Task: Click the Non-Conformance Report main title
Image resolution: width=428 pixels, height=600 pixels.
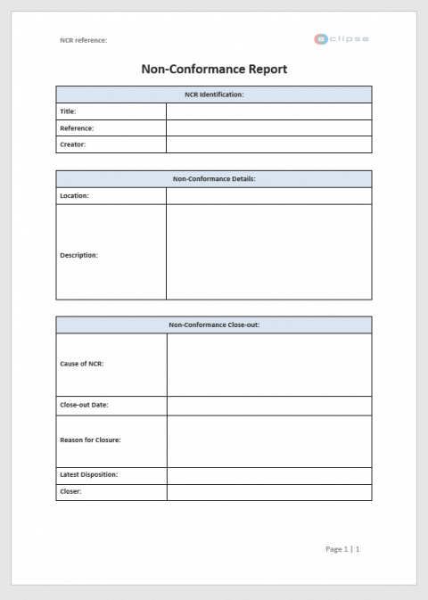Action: pyautogui.click(x=214, y=69)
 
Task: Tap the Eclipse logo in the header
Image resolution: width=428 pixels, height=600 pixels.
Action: pyautogui.click(x=341, y=39)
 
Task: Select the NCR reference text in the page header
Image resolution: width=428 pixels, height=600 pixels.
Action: pyautogui.click(x=83, y=40)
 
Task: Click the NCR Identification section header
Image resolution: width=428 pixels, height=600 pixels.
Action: pyautogui.click(x=214, y=94)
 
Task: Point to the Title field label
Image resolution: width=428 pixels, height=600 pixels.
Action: pyautogui.click(x=68, y=111)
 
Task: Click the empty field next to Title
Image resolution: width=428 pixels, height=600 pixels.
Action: pyautogui.click(x=268, y=111)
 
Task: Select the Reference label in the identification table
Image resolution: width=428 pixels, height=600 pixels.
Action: pyautogui.click(x=77, y=127)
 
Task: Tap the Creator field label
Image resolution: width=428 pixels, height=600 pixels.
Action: pyautogui.click(x=73, y=144)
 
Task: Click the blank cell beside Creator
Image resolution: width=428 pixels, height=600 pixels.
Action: pyautogui.click(x=268, y=144)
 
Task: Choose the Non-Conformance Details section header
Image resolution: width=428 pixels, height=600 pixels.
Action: pyautogui.click(x=214, y=178)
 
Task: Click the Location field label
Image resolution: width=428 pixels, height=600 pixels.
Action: pyautogui.click(x=74, y=195)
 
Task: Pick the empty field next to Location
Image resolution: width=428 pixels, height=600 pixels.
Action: pyautogui.click(x=268, y=195)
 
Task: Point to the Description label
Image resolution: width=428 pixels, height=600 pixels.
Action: pyautogui.click(x=78, y=255)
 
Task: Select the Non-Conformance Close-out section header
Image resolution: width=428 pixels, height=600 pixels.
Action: pyautogui.click(x=214, y=325)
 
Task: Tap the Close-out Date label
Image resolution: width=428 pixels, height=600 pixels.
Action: pyautogui.click(x=84, y=405)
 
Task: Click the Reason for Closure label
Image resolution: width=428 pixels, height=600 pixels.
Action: pyautogui.click(x=90, y=440)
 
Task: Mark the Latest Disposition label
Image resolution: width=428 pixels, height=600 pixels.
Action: pyautogui.click(x=88, y=474)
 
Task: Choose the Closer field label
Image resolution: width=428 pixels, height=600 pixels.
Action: pyautogui.click(x=70, y=491)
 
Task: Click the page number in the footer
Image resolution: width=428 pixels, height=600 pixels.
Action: pyautogui.click(x=342, y=549)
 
